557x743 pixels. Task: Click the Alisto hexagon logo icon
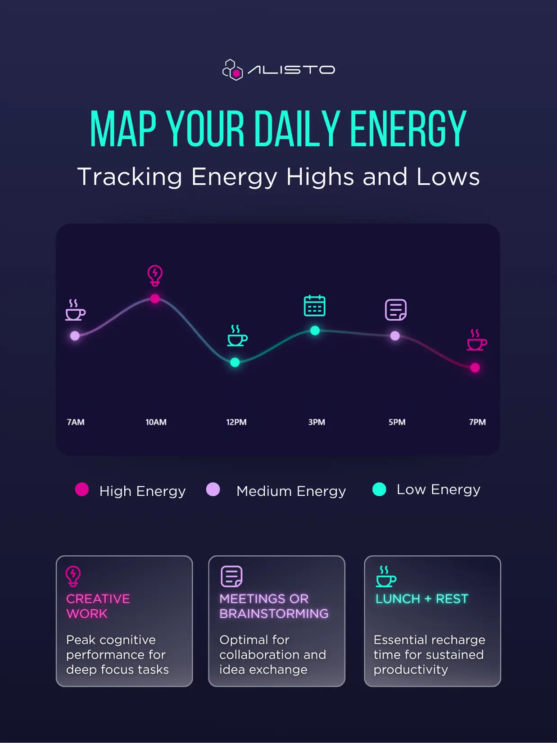click(232, 70)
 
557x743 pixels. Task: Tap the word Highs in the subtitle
click(320, 177)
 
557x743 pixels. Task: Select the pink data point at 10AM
click(155, 299)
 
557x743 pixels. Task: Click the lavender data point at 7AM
click(75, 336)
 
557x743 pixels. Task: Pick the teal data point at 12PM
click(235, 362)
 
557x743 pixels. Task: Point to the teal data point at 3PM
click(315, 331)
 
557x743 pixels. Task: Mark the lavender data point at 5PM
click(395, 336)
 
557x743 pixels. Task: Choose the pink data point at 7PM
click(475, 367)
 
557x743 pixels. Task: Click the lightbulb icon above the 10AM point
click(155, 276)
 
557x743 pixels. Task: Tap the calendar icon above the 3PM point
click(315, 306)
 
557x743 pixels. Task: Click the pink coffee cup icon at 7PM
click(477, 340)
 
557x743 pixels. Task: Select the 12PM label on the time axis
click(236, 422)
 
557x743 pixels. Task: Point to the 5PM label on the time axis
click(397, 422)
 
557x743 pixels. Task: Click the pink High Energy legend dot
click(82, 489)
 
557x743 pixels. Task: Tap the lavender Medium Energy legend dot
click(213, 489)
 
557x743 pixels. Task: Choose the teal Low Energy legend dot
click(379, 489)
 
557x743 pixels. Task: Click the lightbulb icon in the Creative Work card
click(73, 576)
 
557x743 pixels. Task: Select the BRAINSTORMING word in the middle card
click(274, 613)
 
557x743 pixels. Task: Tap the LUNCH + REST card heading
click(422, 599)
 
